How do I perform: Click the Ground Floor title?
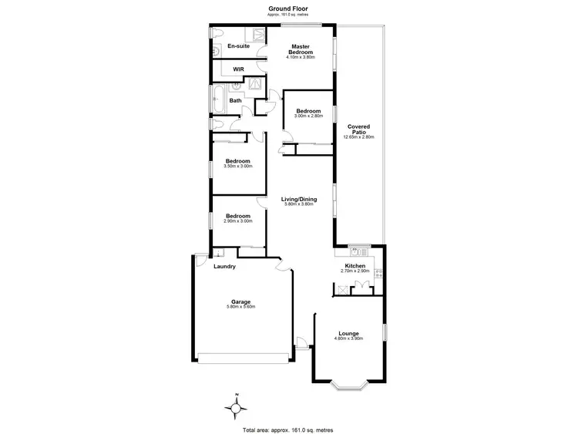pos(289,7)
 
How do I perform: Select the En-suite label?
pos(238,46)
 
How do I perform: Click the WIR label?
pos(239,69)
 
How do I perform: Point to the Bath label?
pos(236,100)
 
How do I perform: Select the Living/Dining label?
pos(299,199)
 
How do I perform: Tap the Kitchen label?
pos(355,266)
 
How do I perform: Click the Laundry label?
pos(224,267)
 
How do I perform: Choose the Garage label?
pos(241,301)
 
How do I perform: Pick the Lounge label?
pos(348,333)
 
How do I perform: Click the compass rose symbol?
pos(237,406)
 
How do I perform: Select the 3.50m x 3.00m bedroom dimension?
pos(237,167)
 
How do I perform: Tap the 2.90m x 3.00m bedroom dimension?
pos(237,221)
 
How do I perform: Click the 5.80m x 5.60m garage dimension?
pos(241,307)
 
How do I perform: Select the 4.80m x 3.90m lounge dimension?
pos(348,338)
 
